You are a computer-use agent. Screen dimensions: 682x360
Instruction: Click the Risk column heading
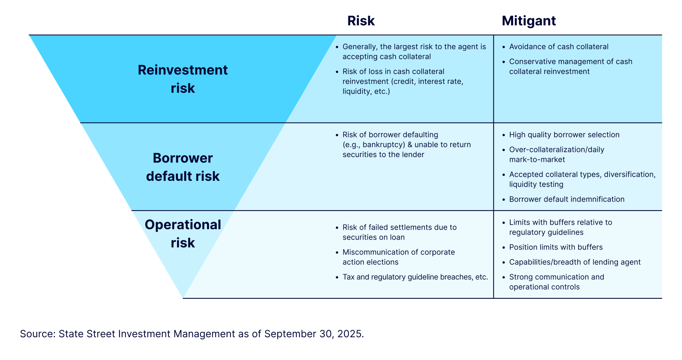tap(361, 21)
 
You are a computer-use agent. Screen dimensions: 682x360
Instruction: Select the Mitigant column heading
tap(529, 21)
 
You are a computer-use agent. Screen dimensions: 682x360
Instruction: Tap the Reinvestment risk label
tap(183, 79)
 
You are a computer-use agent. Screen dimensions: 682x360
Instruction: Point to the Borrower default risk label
tap(183, 167)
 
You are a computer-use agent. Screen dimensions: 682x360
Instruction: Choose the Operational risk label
tap(183, 233)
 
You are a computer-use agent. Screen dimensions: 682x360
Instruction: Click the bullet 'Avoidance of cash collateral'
tap(559, 47)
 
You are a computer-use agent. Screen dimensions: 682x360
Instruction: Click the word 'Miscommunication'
tap(377, 252)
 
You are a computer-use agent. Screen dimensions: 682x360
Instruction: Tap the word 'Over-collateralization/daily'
tap(557, 150)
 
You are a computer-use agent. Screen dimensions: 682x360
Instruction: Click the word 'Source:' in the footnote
tap(38, 334)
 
